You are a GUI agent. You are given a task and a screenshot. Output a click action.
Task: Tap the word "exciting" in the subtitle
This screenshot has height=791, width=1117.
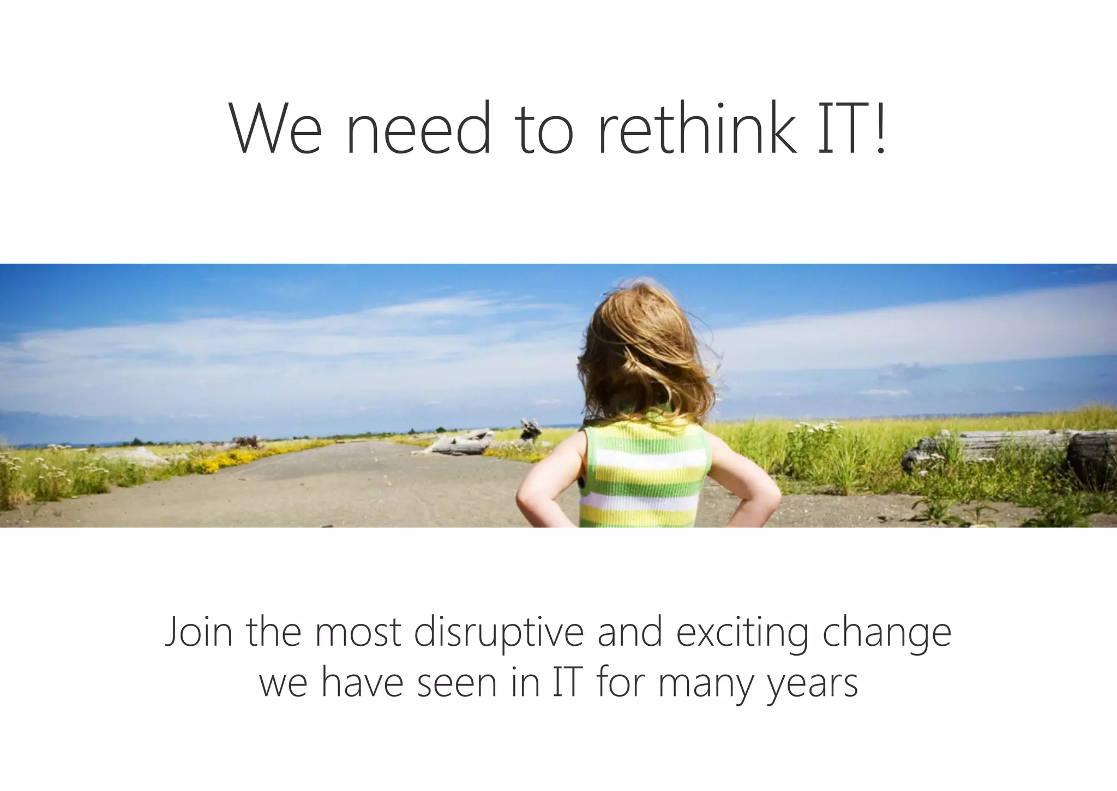coord(742,633)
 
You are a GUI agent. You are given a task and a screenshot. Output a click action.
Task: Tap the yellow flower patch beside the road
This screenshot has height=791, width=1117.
coord(224,461)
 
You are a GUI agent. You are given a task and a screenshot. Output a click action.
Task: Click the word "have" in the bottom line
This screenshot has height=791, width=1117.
coord(362,683)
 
